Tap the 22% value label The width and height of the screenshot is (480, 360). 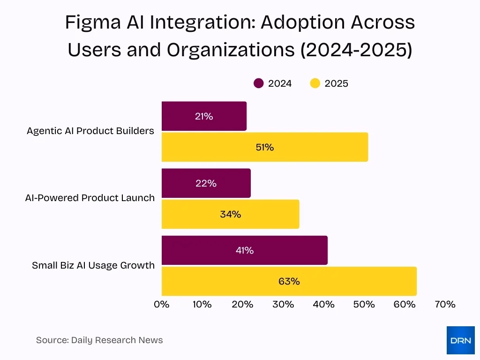(x=206, y=183)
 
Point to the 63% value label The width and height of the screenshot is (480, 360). (x=289, y=281)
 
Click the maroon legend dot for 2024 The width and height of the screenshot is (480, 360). (x=259, y=83)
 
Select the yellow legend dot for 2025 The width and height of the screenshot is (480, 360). (x=315, y=83)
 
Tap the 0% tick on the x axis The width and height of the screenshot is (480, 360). (x=162, y=304)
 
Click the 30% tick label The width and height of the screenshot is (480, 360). (x=283, y=304)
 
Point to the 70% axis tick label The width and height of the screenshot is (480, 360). (x=445, y=304)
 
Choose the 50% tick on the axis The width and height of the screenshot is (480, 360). (x=364, y=304)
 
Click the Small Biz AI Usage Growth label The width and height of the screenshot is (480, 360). (x=93, y=265)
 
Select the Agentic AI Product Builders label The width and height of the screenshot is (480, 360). (x=90, y=131)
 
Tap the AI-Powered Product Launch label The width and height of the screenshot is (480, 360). (x=90, y=198)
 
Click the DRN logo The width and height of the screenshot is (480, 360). (x=460, y=340)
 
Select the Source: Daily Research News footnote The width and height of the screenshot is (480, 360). (x=99, y=340)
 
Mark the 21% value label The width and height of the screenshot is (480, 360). (x=204, y=116)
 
